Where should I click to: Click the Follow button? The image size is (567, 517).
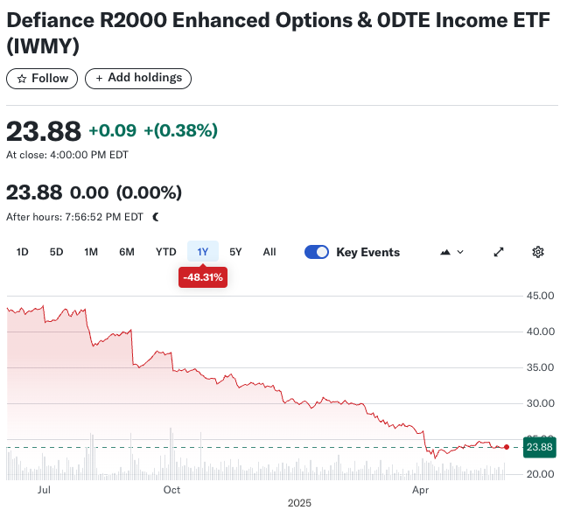42,78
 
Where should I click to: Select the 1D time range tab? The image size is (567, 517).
23,252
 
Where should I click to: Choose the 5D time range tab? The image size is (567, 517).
56,252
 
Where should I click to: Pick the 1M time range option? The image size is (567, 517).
91,252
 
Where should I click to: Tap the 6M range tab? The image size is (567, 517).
127,252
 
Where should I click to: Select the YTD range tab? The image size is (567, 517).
165,252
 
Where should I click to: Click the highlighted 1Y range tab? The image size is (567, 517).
202,252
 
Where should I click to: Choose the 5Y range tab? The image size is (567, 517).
235,252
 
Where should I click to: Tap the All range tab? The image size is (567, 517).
269,252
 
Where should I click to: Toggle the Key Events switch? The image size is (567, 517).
317,252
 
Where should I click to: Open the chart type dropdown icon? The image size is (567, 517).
451,252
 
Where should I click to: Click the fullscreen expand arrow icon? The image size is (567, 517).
499,252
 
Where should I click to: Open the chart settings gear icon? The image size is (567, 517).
538,252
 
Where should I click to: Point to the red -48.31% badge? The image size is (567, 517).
202,277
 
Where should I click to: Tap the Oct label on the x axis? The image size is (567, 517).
171,490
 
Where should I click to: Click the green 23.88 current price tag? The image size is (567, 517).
539,447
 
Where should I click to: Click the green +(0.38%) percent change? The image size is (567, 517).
180,130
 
